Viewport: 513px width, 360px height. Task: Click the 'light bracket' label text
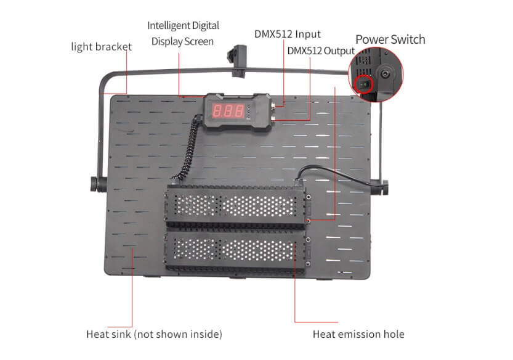(x=101, y=47)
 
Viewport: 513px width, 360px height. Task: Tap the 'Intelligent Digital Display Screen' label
(x=183, y=34)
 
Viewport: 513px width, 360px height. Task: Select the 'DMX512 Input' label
(x=288, y=34)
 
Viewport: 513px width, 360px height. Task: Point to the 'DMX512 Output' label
(x=321, y=51)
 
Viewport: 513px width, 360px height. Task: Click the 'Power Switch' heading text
(x=390, y=39)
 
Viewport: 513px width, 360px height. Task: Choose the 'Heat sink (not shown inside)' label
(x=154, y=334)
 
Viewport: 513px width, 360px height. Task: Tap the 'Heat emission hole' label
(x=358, y=334)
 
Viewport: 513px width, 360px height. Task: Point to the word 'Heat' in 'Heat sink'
(x=97, y=334)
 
